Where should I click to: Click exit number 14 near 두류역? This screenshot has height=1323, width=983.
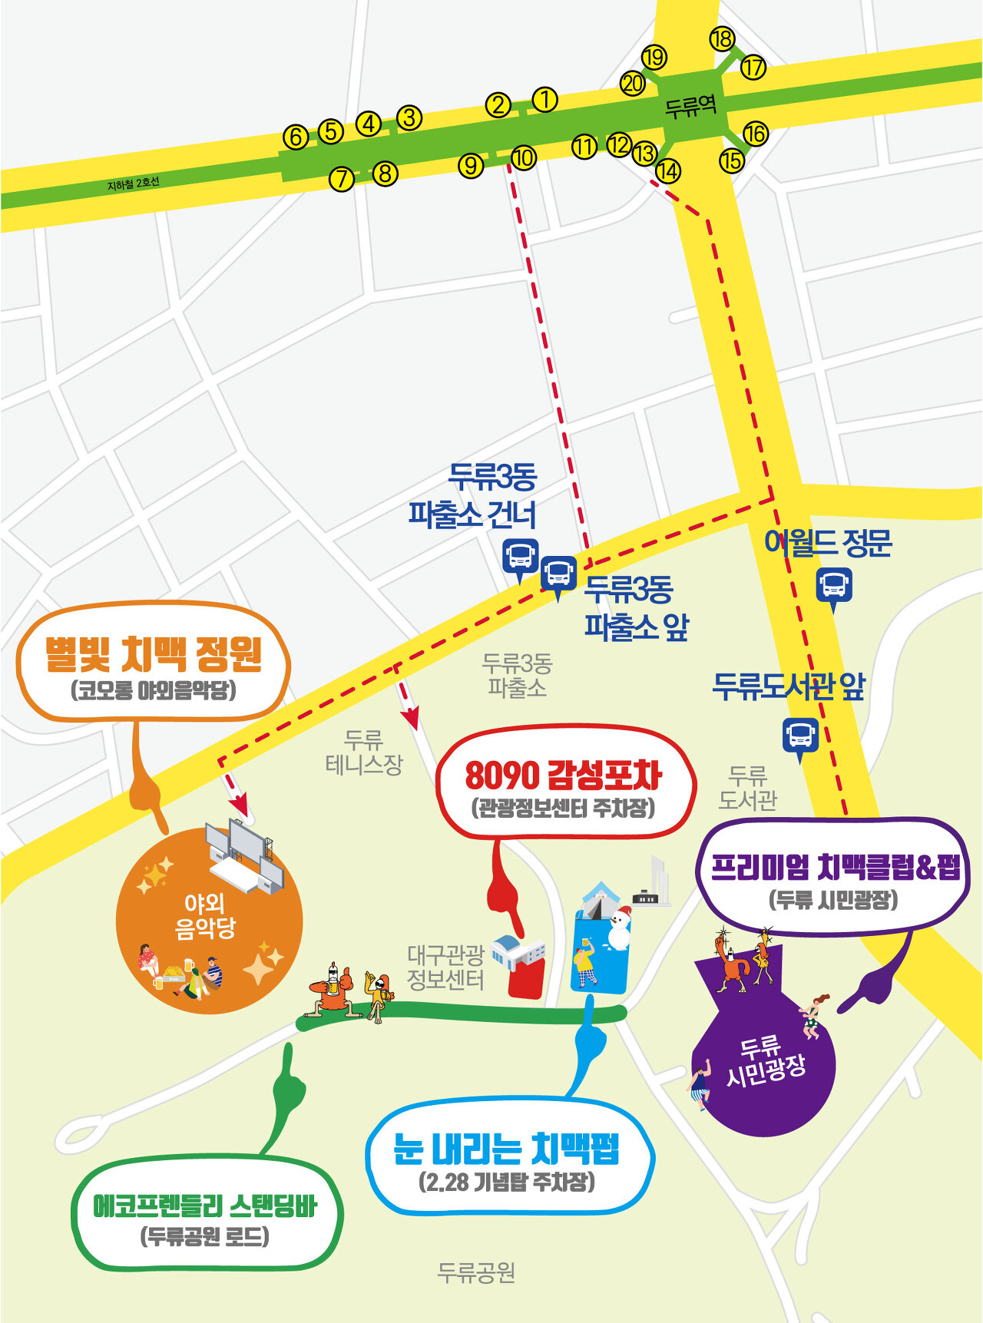tap(668, 170)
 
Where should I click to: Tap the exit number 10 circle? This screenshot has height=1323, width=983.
tap(524, 158)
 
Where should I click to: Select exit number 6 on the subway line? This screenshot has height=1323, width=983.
tap(296, 137)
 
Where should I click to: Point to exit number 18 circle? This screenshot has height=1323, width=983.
tap(722, 39)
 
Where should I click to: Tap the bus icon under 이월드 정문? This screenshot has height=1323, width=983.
tap(833, 585)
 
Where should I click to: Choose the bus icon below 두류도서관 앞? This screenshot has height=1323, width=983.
tap(800, 736)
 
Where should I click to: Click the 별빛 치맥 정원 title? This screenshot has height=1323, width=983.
tap(153, 654)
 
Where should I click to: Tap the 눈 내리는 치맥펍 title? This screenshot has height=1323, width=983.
tap(506, 1149)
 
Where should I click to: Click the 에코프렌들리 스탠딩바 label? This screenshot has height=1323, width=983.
tap(205, 1206)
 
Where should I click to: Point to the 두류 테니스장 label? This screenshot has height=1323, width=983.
tap(363, 752)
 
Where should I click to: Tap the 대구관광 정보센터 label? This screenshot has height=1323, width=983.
tap(445, 967)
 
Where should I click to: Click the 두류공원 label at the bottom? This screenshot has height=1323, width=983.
tap(476, 1272)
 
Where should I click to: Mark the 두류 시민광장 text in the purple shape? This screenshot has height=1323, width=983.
tap(765, 1060)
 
